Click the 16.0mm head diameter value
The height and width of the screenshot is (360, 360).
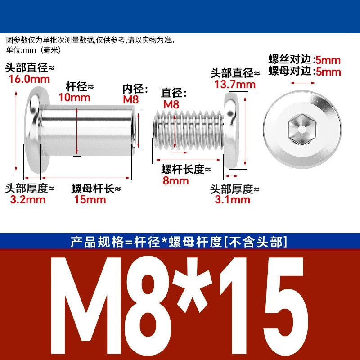tap(29, 79)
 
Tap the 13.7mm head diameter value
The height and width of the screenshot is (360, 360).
tap(235, 85)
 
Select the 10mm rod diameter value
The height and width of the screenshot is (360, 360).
tap(74, 98)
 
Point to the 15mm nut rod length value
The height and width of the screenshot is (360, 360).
tap(90, 199)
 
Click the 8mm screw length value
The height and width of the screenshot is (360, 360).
tap(175, 181)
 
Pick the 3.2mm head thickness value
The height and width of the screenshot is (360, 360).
tap(27, 199)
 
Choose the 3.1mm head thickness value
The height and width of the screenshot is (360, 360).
tap(232, 199)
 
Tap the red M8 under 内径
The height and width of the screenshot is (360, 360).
tap(131, 99)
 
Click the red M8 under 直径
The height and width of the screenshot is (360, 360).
tap(171, 105)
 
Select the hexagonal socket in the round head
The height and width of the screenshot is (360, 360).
tap(302, 129)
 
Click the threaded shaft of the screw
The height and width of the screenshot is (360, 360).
tap(189, 130)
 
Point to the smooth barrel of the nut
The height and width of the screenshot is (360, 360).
tap(87, 130)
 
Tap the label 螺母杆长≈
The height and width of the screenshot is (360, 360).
tap(96, 189)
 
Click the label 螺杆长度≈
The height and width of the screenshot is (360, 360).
tap(186, 170)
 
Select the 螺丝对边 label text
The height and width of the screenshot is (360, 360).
tap(290, 59)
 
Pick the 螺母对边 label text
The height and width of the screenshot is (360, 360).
tap(290, 71)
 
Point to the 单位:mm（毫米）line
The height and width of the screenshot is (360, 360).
tap(34, 50)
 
